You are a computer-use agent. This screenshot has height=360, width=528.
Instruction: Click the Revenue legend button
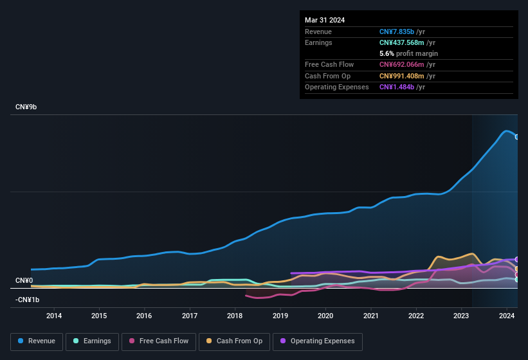coord(37,341)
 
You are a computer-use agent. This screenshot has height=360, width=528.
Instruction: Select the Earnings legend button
coord(93,341)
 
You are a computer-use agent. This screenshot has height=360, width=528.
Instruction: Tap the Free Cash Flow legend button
coord(159,341)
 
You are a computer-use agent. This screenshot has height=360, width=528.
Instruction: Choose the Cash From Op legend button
coord(234,341)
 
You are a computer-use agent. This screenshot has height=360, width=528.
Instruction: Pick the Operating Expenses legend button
coord(317,341)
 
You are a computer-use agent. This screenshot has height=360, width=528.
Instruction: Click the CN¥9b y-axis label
coord(26,107)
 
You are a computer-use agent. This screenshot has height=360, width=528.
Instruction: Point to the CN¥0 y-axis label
coord(24,280)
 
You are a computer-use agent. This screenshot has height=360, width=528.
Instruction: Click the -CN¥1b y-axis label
coord(27,300)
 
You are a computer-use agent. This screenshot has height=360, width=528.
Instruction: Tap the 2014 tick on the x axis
coord(54,316)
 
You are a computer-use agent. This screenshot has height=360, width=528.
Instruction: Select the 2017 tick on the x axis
coord(190,316)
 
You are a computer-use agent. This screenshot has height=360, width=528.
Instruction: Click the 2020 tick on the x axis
coord(325,316)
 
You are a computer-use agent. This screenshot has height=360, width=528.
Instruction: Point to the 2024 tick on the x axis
coord(507,316)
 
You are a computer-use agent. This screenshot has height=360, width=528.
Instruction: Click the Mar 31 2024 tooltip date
coord(325,20)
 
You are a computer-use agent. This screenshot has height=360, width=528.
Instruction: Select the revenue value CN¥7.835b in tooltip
coord(402,32)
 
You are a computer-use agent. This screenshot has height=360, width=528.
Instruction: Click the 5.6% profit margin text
coord(408,53)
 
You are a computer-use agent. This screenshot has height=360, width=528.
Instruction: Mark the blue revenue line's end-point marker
coord(517,137)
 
